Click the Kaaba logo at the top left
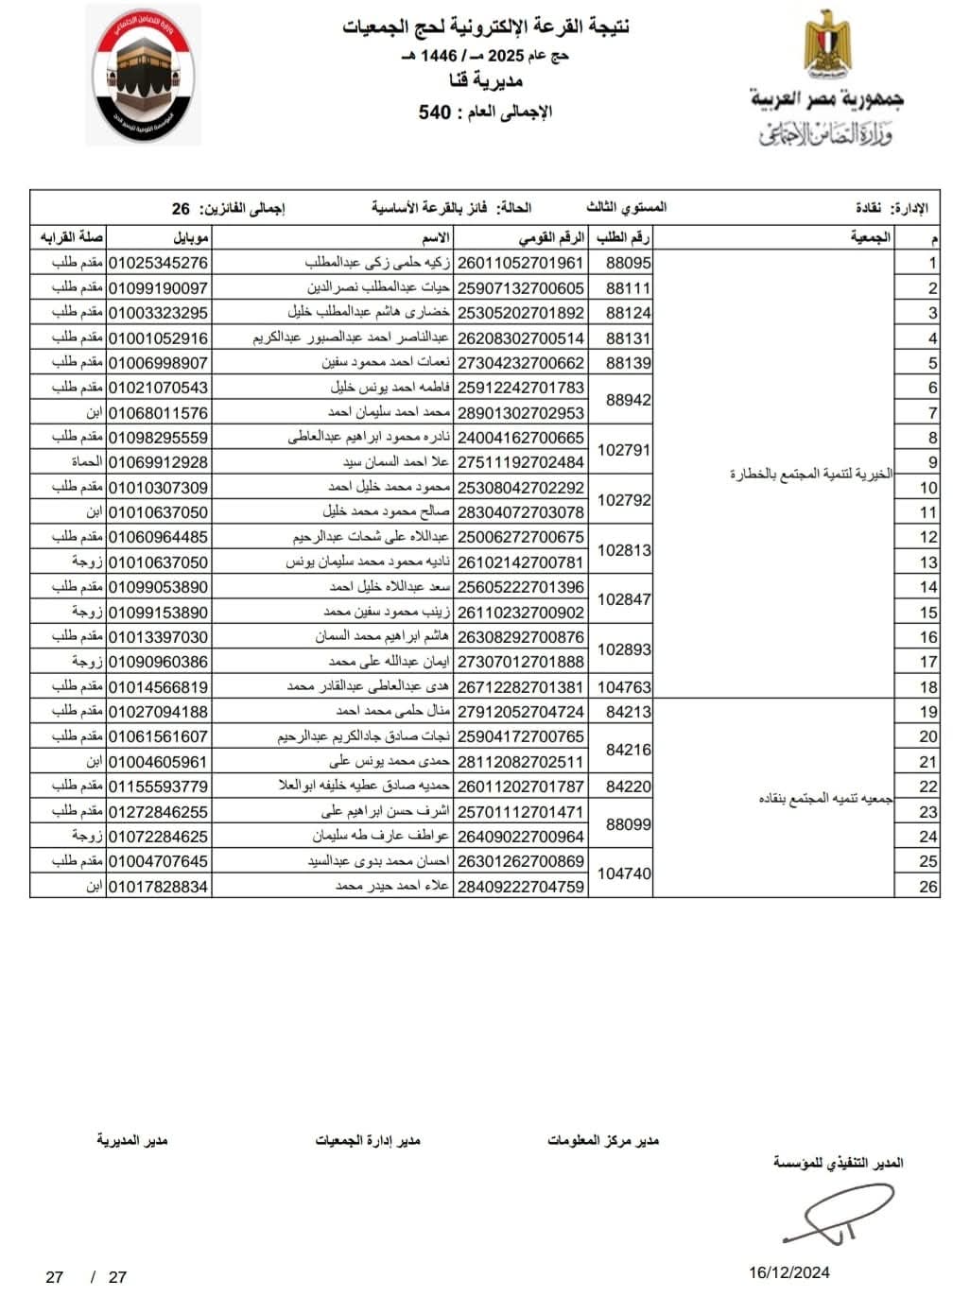[x=144, y=76]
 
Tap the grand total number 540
[x=435, y=112]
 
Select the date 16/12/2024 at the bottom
[x=789, y=1272]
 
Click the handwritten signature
[x=837, y=1213]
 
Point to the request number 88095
[x=628, y=263]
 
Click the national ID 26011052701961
[x=521, y=263]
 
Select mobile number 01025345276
[x=158, y=263]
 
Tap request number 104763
[x=624, y=687]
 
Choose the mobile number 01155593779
[x=158, y=787]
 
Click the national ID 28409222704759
[x=521, y=887]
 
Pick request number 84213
[x=628, y=712]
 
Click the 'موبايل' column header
[x=192, y=237]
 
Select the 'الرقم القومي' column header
[x=551, y=237]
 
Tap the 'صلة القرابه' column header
[x=72, y=237]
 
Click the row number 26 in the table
[x=928, y=887]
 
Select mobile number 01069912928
[x=158, y=462]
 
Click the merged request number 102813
[x=624, y=550]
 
